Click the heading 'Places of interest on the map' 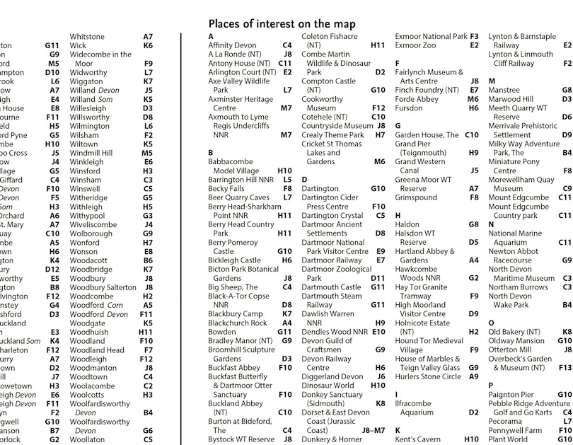coord(282,24)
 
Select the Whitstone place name coord(87,37)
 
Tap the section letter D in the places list coord(305,180)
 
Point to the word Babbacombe coord(230,161)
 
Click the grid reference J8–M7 coord(374,430)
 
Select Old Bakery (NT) coord(515,332)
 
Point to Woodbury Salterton coord(103,287)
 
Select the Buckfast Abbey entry coord(233,368)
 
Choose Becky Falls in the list coord(226,189)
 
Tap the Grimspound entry coord(416,197)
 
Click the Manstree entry coord(504,90)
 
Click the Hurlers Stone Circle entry coord(427,376)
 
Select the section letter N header coord(492,224)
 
